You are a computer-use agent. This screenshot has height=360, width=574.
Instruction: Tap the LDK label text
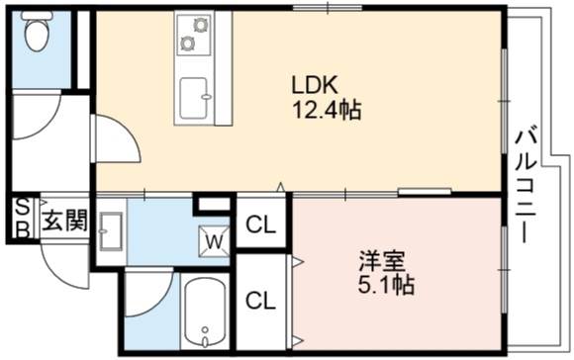[314, 85]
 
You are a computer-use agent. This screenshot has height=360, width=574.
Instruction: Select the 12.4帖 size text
[327, 109]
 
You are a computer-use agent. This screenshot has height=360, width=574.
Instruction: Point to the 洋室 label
[382, 260]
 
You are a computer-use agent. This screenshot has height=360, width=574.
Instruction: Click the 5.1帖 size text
[386, 285]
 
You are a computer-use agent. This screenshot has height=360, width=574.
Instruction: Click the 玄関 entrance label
[65, 220]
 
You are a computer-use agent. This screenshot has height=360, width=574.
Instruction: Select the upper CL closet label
[260, 225]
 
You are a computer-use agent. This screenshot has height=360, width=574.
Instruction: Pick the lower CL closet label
[260, 301]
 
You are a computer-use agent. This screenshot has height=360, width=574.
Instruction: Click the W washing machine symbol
[215, 241]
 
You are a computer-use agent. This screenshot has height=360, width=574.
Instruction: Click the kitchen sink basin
[194, 98]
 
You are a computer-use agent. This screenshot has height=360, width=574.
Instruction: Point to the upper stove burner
[201, 25]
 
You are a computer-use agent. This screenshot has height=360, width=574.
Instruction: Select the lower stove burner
[188, 44]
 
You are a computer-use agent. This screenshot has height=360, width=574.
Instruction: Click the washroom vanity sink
[111, 231]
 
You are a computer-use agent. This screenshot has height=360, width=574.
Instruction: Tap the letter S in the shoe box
[23, 208]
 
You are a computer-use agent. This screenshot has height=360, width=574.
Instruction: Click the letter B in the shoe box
[23, 229]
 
